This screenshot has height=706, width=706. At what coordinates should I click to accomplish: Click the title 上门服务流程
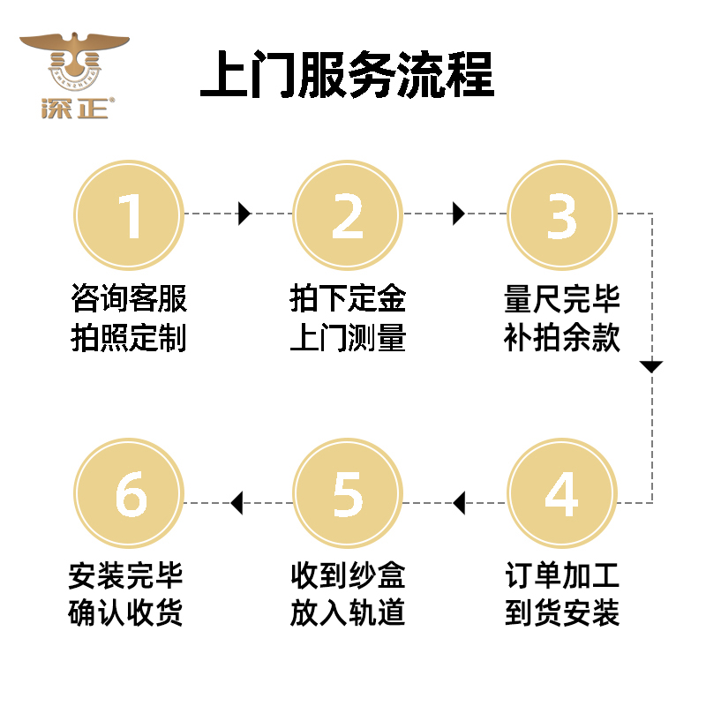[347, 73]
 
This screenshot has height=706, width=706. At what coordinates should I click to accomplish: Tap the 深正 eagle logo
[74, 77]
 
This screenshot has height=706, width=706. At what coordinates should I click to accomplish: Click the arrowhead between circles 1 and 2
[244, 214]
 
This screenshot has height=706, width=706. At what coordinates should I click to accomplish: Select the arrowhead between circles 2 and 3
[458, 214]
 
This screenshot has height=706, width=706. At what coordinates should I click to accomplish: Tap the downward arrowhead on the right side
[651, 366]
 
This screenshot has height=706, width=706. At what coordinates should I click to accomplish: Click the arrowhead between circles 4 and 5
[458, 504]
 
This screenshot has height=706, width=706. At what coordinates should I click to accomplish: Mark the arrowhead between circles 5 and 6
[236, 504]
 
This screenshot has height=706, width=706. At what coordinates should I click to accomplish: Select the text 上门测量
[348, 338]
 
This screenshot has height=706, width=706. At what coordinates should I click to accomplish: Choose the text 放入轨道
[348, 613]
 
